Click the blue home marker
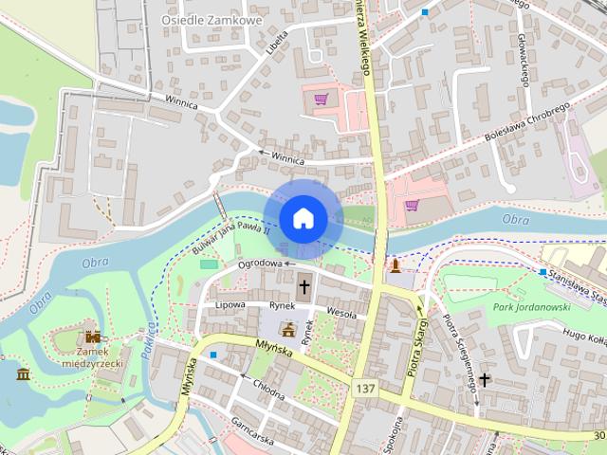(303, 218)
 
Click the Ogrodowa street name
(261, 264)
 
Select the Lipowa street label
(230, 305)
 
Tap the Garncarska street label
(252, 433)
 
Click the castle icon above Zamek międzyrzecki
(93, 337)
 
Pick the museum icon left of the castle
(24, 373)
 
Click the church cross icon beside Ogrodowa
(304, 284)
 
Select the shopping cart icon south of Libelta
(321, 100)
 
